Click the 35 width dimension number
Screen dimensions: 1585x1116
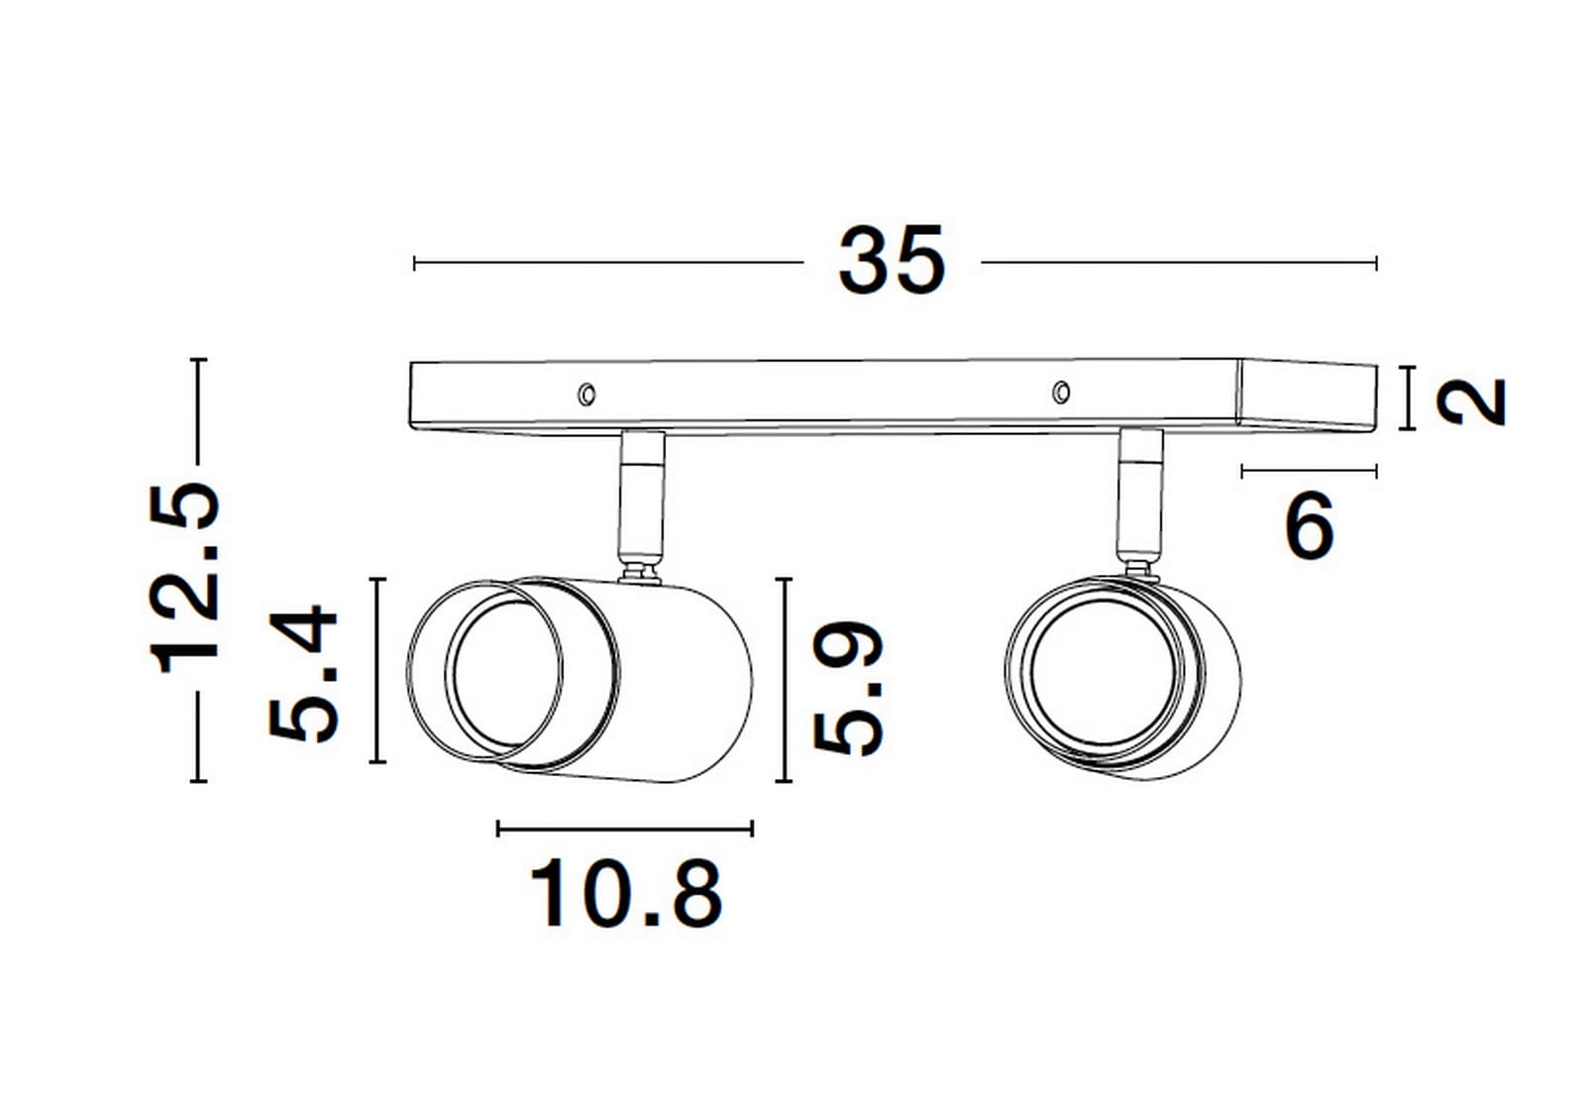[x=892, y=261]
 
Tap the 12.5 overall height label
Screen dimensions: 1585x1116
[x=184, y=577]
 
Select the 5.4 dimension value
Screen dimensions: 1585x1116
[x=303, y=673]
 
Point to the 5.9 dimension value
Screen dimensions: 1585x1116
[x=848, y=688]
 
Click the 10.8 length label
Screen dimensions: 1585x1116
[x=626, y=894]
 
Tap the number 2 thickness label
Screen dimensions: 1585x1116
[x=1471, y=401]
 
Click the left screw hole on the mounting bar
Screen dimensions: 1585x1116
[x=586, y=394]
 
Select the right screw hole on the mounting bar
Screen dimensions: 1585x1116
[x=1061, y=391]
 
